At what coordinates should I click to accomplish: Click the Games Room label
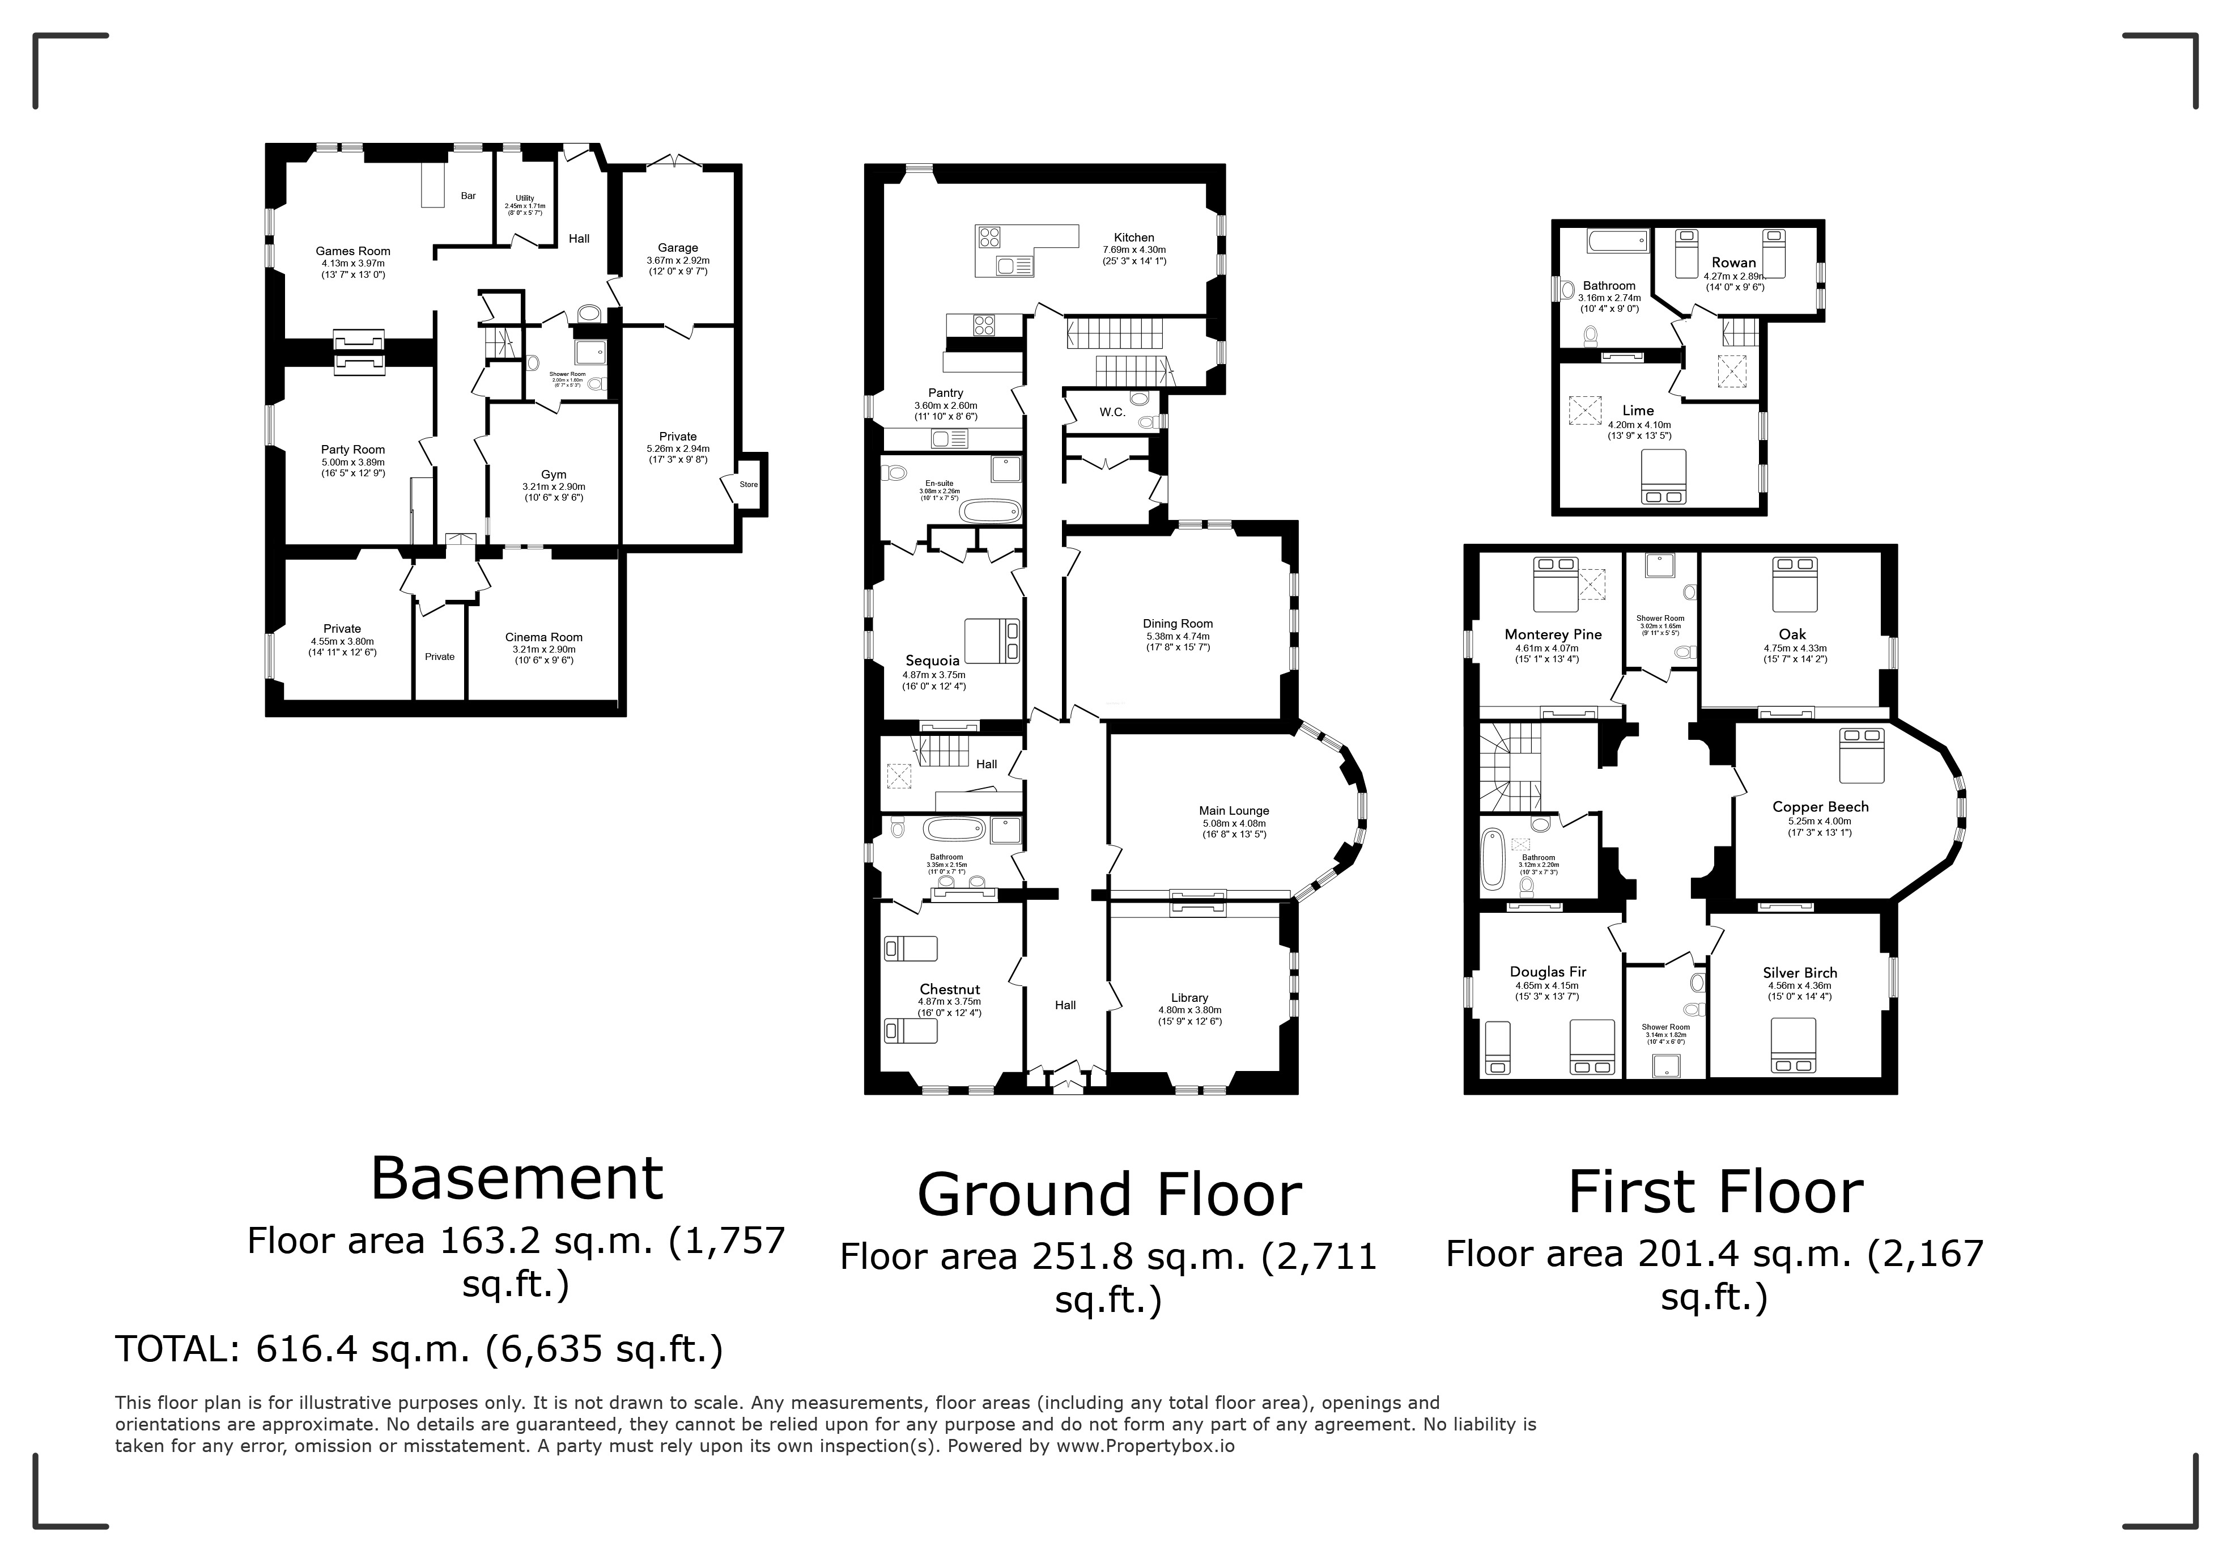click(x=352, y=251)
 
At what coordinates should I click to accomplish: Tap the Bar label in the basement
click(x=468, y=196)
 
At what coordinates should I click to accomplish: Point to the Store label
click(x=748, y=484)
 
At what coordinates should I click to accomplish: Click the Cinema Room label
click(x=543, y=638)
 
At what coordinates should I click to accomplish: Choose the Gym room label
click(x=554, y=475)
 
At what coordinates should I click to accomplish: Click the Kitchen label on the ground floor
click(x=1134, y=237)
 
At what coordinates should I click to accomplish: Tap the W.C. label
click(x=1112, y=412)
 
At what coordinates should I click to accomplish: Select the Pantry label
click(x=945, y=393)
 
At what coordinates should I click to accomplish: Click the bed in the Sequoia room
click(x=992, y=641)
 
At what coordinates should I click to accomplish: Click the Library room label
click(x=1189, y=997)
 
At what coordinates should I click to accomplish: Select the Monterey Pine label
click(x=1553, y=634)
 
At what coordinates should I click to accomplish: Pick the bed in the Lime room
click(x=1664, y=476)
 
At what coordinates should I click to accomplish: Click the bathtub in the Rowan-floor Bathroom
click(x=1617, y=240)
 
